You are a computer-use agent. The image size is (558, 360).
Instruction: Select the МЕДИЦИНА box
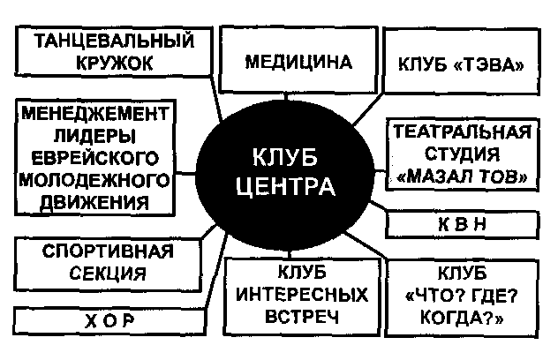tap(298, 62)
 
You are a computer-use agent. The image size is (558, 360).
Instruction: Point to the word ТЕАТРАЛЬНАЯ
tap(461, 134)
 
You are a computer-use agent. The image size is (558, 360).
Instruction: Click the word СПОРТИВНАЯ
tap(108, 251)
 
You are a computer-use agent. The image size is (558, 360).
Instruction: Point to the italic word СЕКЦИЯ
tap(108, 274)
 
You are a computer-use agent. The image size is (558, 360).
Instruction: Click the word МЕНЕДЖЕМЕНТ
tap(95, 114)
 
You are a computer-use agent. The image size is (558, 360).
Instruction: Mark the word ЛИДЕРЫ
tap(94, 136)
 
